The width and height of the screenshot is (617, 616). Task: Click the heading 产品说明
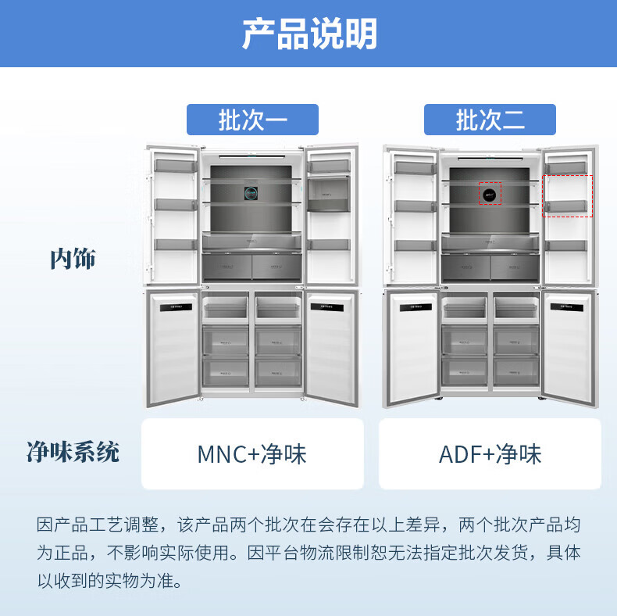click(308, 34)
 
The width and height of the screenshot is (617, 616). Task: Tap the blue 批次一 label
click(252, 120)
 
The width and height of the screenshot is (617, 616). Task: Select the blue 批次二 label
click(490, 120)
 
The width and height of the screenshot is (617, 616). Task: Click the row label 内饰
click(73, 259)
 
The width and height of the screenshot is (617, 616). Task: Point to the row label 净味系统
click(73, 452)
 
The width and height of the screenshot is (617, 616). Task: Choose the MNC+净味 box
click(252, 454)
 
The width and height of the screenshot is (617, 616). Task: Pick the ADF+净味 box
click(490, 454)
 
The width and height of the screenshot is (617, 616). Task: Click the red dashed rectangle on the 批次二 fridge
click(568, 195)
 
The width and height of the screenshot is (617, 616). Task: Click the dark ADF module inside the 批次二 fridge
click(490, 192)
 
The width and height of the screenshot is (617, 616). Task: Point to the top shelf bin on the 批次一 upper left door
click(174, 166)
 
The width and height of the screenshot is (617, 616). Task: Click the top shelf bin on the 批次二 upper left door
click(413, 167)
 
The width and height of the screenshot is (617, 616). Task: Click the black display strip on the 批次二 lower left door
click(412, 307)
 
